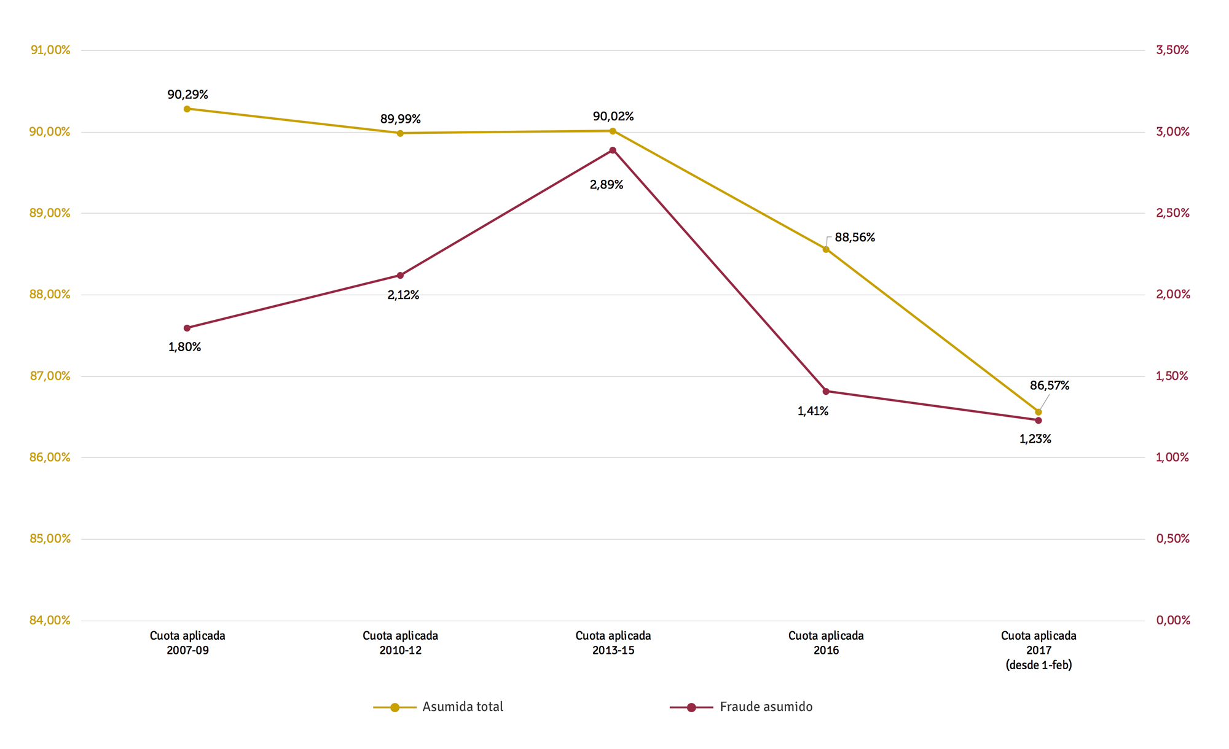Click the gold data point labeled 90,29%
[187, 109]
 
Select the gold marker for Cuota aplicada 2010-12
[400, 133]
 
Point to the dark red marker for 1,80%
[187, 328]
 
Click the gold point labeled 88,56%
[826, 249]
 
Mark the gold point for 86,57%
[1039, 412]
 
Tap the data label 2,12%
[403, 295]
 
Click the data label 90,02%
[613, 117]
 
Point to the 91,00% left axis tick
[50, 50]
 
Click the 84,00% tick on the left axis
[50, 621]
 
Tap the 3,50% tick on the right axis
[1172, 50]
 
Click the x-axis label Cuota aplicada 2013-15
[613, 643]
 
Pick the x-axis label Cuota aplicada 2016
[826, 643]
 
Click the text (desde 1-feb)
[1039, 665]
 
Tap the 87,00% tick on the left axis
[50, 376]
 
